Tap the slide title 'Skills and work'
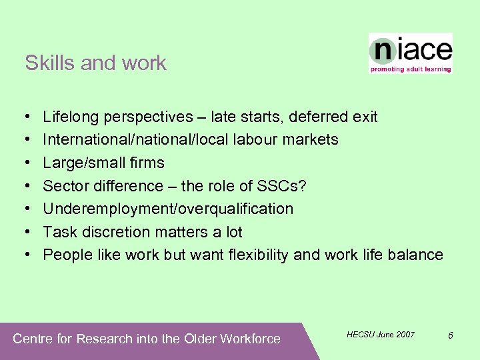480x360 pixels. point(95,63)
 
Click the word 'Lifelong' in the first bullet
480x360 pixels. point(69,117)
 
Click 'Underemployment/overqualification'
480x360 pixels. point(168,209)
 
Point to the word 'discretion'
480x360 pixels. point(109,232)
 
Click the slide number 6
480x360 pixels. point(451,335)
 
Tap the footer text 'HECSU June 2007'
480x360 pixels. point(381,334)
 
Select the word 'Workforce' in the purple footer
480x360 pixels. point(249,339)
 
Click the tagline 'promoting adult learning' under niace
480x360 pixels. point(411,69)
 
